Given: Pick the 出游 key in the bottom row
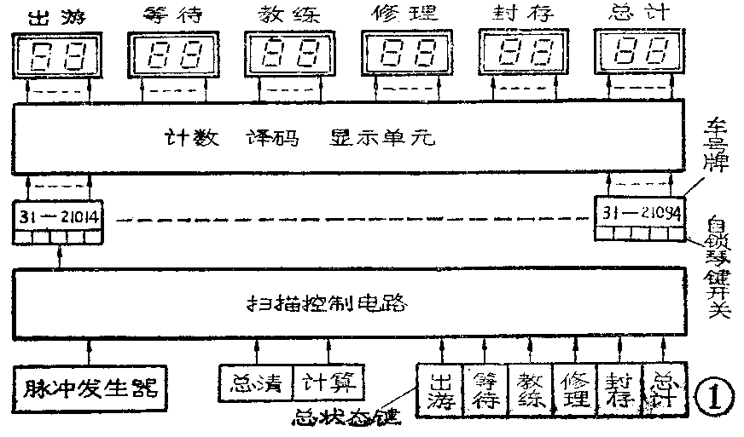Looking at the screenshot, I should (x=439, y=388).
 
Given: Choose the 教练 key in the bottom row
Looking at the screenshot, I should (x=530, y=388).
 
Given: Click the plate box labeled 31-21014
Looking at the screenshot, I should (x=58, y=217).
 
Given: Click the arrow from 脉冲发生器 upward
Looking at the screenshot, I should (x=89, y=350).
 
